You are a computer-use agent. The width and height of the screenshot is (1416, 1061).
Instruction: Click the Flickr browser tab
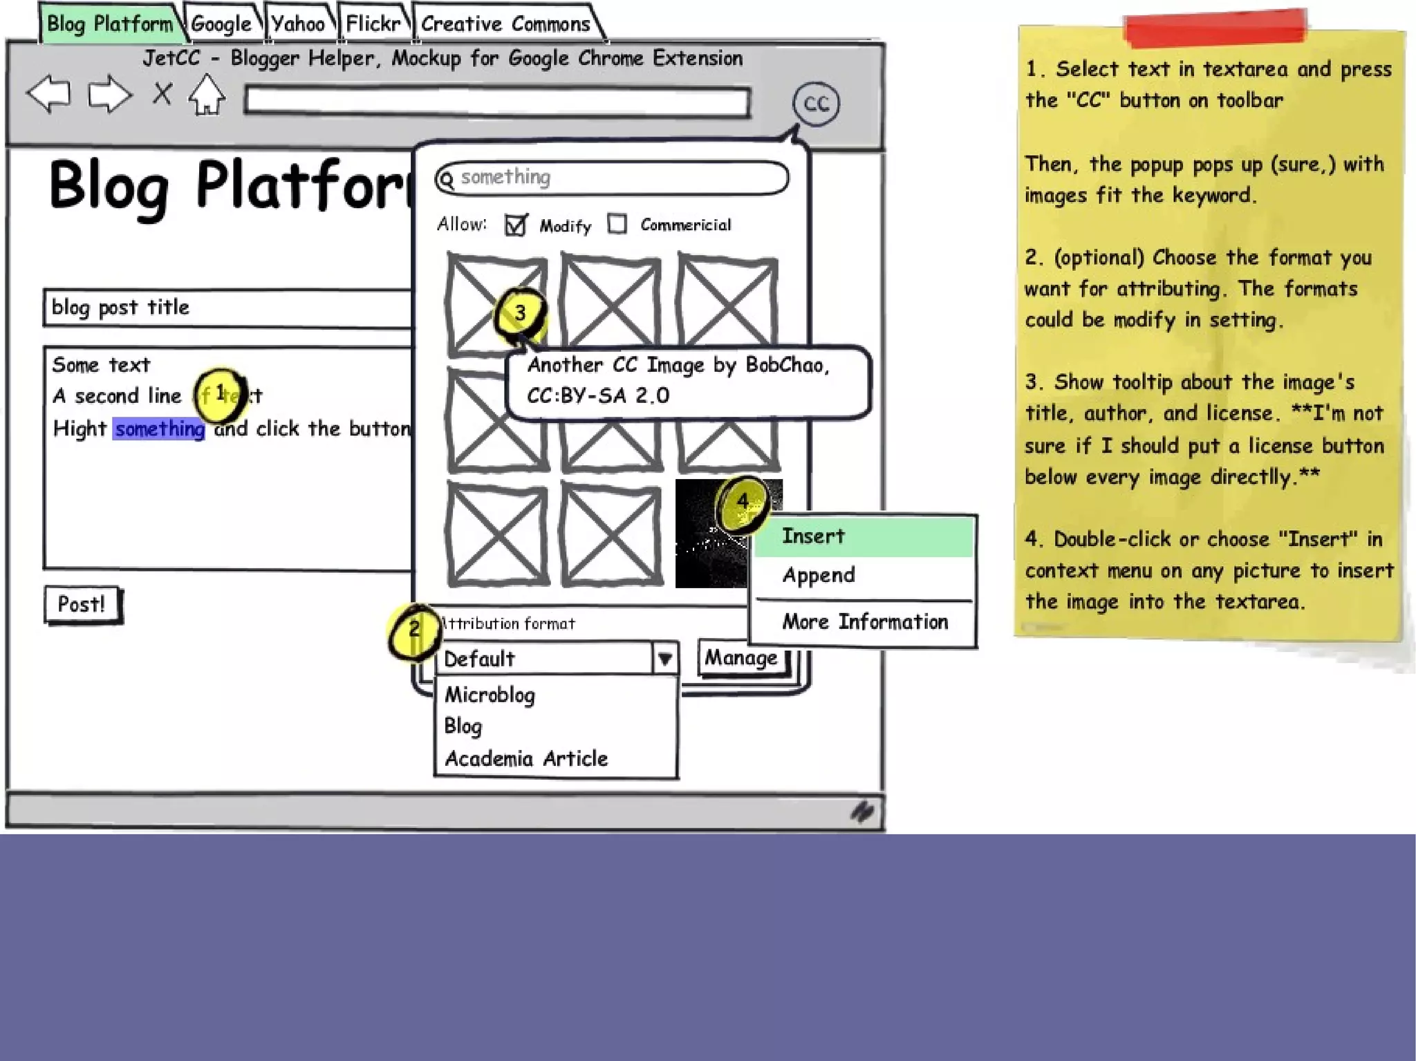click(373, 24)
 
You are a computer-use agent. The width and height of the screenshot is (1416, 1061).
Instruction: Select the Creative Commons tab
click(505, 24)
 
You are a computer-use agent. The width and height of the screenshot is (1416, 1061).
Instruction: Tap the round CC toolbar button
click(816, 104)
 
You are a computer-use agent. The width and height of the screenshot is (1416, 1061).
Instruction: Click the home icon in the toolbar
click(207, 95)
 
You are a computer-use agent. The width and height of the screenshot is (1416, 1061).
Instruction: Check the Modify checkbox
click(516, 225)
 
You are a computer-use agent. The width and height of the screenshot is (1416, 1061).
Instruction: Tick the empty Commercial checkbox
click(617, 224)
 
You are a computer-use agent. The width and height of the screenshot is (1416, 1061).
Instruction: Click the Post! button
click(82, 604)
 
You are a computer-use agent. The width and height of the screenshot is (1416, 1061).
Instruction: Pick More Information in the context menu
click(864, 622)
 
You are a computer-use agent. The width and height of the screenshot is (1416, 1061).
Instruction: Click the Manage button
click(740, 658)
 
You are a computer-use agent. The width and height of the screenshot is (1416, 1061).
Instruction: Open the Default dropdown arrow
click(664, 659)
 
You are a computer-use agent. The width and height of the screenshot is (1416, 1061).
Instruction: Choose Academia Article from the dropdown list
click(526, 759)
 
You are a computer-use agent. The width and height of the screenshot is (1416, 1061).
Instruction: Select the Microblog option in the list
click(490, 695)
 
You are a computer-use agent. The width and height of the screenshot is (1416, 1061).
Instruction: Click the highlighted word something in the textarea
click(159, 429)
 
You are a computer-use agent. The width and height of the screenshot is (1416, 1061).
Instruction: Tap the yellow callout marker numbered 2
click(414, 630)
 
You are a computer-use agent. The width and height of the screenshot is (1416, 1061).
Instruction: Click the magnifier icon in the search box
click(447, 180)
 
